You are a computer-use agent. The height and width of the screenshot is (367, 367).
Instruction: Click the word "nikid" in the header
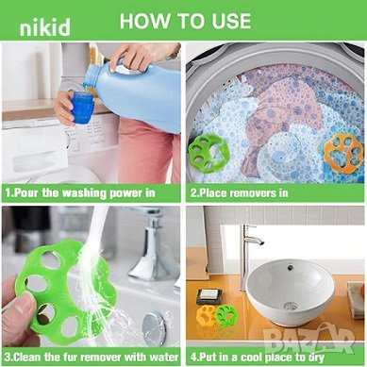(44, 27)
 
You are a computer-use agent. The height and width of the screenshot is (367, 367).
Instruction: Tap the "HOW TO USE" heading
(186, 21)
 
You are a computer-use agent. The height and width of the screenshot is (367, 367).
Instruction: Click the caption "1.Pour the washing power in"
(80, 192)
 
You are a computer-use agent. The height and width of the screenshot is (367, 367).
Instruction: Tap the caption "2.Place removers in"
(239, 192)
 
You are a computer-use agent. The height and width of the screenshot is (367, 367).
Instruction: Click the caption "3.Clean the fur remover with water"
(92, 357)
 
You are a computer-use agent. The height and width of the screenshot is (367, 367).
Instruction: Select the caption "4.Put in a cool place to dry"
(258, 358)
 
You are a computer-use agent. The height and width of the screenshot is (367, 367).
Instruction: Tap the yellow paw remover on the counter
(206, 315)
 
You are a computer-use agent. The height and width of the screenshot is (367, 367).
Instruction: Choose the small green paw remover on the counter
(225, 316)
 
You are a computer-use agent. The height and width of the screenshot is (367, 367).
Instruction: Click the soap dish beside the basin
(209, 296)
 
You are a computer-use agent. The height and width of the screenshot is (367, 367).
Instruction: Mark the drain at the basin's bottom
(291, 305)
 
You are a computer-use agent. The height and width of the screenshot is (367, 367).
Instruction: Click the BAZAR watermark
(309, 338)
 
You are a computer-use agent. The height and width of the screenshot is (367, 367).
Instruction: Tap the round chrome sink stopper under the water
(154, 329)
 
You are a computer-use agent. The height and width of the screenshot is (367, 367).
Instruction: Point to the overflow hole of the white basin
(291, 268)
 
